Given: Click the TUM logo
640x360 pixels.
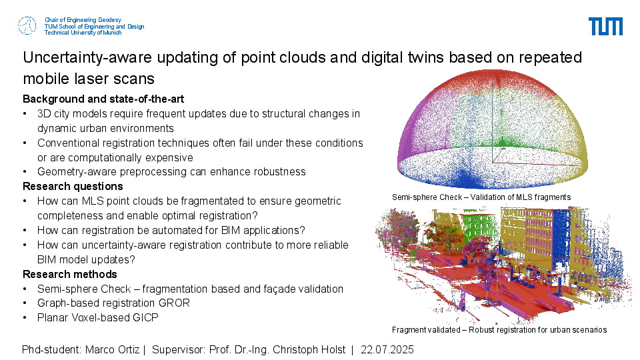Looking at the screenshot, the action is (x=605, y=26).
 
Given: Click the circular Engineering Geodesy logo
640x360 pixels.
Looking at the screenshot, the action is (x=27, y=26).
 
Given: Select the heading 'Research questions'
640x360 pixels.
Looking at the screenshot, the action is (x=73, y=186).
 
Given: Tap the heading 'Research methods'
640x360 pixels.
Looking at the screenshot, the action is (x=70, y=274).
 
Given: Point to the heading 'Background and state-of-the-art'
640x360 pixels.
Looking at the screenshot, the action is (x=103, y=99).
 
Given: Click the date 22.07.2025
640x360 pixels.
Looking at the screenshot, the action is (x=387, y=350).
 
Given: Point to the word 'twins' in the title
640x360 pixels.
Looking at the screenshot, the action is (x=426, y=57).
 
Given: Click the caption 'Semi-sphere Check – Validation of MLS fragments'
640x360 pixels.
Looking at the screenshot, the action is (x=481, y=197).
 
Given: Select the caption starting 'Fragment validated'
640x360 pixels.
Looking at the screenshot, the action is (x=499, y=330).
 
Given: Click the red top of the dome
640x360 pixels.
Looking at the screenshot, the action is (x=492, y=81).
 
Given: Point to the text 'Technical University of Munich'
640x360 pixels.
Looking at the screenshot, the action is (x=83, y=33).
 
